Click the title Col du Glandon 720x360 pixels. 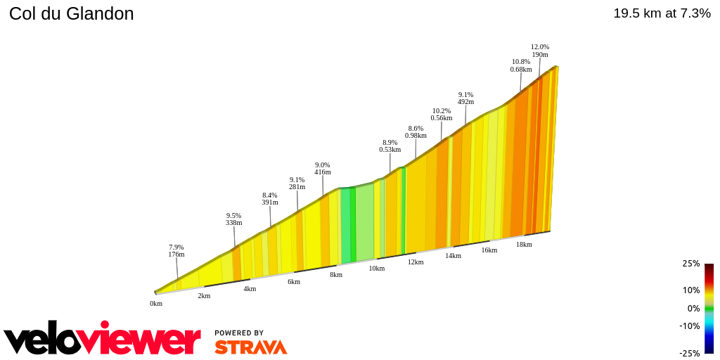point(71,13)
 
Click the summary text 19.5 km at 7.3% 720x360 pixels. point(662,13)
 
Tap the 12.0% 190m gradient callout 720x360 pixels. point(540,51)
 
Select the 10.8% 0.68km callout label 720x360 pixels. point(521,65)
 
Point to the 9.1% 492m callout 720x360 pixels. point(465,98)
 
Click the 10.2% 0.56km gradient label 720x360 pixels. point(442,114)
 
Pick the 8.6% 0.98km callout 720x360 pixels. point(416,131)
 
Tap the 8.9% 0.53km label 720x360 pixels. point(390,146)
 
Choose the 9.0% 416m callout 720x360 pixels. point(323,168)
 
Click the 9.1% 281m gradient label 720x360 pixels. point(297,183)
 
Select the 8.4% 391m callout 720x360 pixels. point(270,198)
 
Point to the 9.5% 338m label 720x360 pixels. point(234,219)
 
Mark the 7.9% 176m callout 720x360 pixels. point(176,250)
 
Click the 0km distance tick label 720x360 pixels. point(156,304)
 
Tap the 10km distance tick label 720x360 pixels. point(377,269)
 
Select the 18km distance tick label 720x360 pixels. point(524,245)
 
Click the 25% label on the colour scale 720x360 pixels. point(690,264)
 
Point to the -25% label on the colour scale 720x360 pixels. point(689,353)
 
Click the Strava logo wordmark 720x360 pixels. point(250,347)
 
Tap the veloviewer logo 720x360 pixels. point(102,339)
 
